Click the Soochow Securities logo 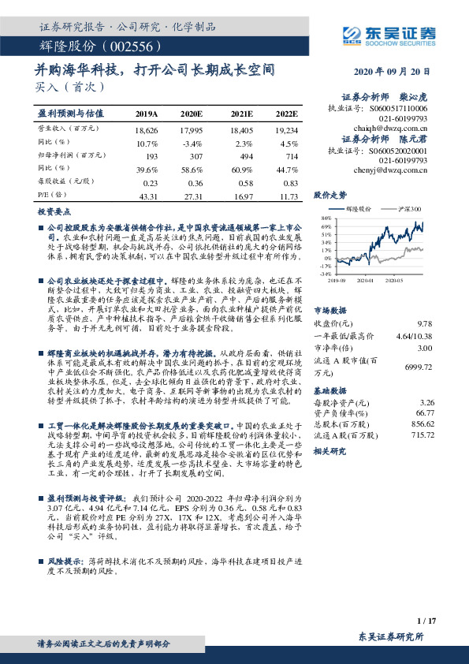point(389,35)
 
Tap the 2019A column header point(147,114)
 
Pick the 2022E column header point(287,114)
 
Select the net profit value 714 point(291,158)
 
